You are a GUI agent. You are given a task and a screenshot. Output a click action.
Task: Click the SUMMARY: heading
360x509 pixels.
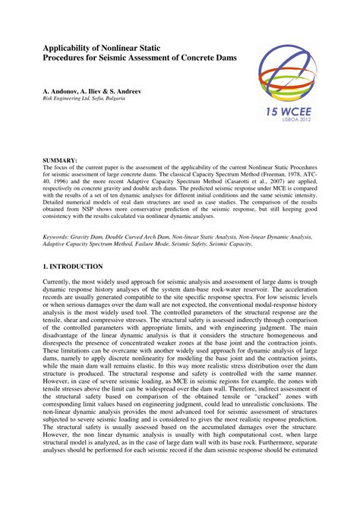click(x=60, y=161)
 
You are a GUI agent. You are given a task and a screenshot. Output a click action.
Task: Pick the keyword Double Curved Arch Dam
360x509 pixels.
click(x=148, y=216)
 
